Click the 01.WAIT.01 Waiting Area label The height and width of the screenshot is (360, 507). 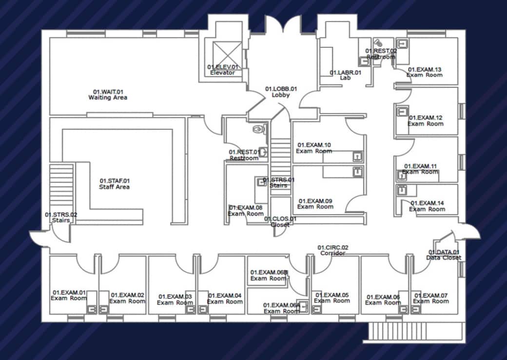pyautogui.click(x=108, y=95)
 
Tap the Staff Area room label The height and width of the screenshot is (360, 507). pyautogui.click(x=115, y=184)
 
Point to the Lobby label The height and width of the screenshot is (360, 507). pyautogui.click(x=281, y=92)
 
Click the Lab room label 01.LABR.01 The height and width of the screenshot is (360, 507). pyautogui.click(x=346, y=75)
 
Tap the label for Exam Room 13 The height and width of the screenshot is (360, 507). pyautogui.click(x=425, y=72)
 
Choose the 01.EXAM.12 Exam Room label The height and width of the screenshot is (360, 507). pyautogui.click(x=426, y=120)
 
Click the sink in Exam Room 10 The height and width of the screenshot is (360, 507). pyautogui.click(x=358, y=157)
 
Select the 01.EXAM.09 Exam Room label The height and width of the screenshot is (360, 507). pyautogui.click(x=315, y=203)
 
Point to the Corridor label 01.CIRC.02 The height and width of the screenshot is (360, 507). pyautogui.click(x=333, y=250)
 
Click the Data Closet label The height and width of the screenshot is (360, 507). pyautogui.click(x=444, y=255)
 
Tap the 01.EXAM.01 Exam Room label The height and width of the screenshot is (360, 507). pyautogui.click(x=69, y=295)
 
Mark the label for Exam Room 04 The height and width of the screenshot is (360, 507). pyautogui.click(x=225, y=299)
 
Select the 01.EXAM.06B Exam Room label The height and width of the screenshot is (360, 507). pyautogui.click(x=269, y=275)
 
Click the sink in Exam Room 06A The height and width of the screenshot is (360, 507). pyautogui.click(x=303, y=306)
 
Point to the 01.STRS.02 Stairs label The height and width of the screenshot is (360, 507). pyautogui.click(x=61, y=217)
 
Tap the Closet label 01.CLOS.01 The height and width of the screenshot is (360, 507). pyautogui.click(x=280, y=222)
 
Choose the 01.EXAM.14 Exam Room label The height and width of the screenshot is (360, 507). pyautogui.click(x=427, y=206)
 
